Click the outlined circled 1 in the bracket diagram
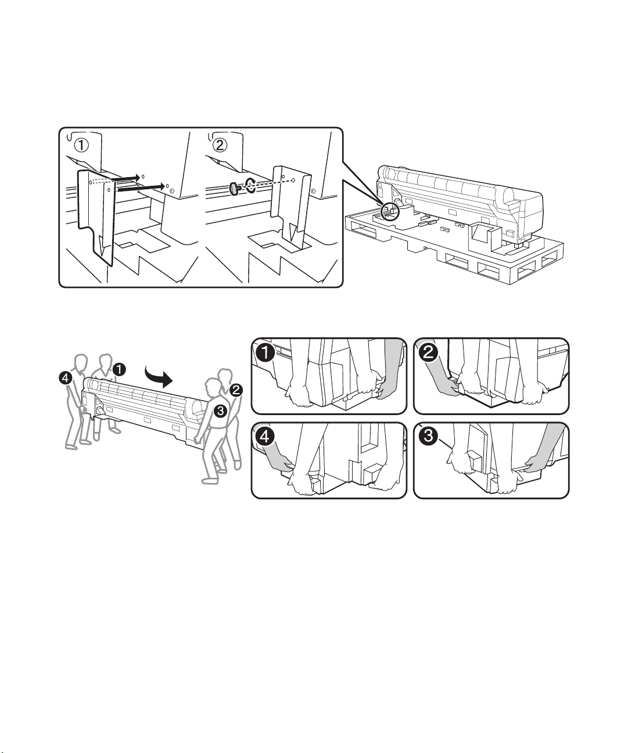pyautogui.click(x=81, y=146)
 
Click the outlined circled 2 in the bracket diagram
pyautogui.click(x=220, y=146)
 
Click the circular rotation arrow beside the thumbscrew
pyautogui.click(x=251, y=185)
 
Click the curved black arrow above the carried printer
pyautogui.click(x=159, y=376)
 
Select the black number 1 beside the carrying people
pyautogui.click(x=119, y=369)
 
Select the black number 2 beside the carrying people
pyautogui.click(x=236, y=390)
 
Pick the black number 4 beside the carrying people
pyautogui.click(x=65, y=378)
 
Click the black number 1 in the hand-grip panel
pyautogui.click(x=265, y=352)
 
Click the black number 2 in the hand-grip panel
pyautogui.click(x=428, y=352)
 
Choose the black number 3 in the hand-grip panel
pyautogui.click(x=428, y=436)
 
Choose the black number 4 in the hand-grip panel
pyautogui.click(x=265, y=437)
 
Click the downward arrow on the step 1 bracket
pyautogui.click(x=103, y=247)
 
